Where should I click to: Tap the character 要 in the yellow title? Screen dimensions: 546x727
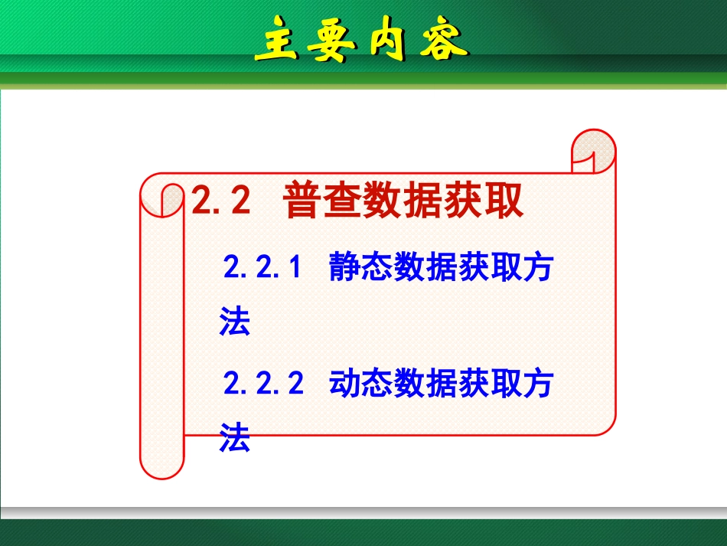point(329,44)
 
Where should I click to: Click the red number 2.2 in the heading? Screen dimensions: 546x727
point(221,201)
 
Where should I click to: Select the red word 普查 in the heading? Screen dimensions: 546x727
point(322,201)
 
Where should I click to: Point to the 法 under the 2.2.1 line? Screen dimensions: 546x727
point(235,322)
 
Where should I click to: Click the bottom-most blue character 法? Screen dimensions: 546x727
point(235,439)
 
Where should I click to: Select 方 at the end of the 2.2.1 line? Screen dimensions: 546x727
point(536,269)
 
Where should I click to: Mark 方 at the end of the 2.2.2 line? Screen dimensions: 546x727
point(536,384)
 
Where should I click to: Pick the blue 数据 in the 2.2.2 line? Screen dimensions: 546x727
point(425,384)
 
